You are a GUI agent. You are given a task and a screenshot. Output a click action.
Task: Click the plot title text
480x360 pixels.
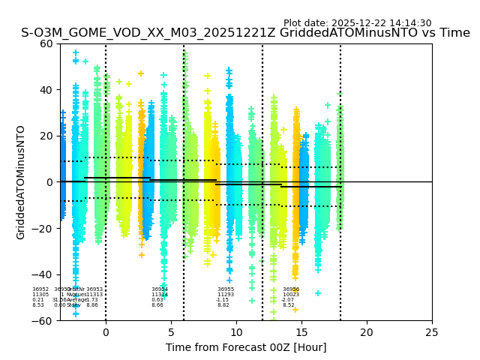[245, 33]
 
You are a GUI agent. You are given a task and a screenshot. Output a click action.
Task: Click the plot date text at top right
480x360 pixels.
[357, 23]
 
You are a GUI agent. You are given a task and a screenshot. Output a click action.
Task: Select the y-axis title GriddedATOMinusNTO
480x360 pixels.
[21, 182]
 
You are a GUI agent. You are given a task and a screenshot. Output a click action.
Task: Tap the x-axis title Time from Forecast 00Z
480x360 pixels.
[246, 347]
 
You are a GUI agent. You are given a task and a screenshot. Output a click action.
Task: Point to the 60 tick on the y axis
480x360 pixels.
[46, 43]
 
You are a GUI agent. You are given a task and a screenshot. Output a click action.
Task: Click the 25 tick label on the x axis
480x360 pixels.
[432, 331]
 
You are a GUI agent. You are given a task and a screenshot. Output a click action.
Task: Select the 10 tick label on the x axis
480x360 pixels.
[236, 331]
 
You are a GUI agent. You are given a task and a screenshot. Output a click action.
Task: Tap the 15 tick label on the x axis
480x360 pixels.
[301, 331]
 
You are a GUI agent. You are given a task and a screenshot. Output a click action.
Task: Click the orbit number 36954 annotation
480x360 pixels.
[160, 289]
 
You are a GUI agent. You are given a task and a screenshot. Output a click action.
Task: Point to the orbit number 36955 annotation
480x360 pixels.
[226, 289]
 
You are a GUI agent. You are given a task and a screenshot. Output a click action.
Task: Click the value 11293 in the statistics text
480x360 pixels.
[226, 295]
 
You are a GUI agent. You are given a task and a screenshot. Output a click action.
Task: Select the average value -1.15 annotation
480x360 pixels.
[223, 300]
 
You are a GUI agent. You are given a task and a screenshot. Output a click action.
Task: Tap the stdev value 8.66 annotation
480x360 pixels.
[157, 305]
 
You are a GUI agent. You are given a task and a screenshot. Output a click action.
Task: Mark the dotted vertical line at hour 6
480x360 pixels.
[184, 225]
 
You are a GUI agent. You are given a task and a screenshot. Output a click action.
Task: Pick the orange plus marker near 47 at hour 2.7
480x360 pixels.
[140, 73]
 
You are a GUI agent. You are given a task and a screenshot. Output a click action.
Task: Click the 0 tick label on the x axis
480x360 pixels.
[106, 331]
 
